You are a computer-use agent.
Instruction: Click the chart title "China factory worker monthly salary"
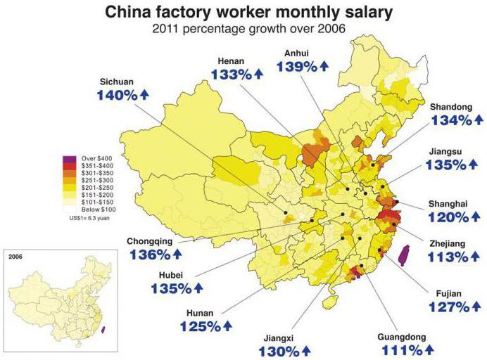243,12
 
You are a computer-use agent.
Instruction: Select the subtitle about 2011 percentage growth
243,29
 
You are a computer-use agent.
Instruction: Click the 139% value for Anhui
298,66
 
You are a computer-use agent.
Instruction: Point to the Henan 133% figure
227,75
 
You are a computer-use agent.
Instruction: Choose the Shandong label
451,106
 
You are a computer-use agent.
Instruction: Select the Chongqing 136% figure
148,254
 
